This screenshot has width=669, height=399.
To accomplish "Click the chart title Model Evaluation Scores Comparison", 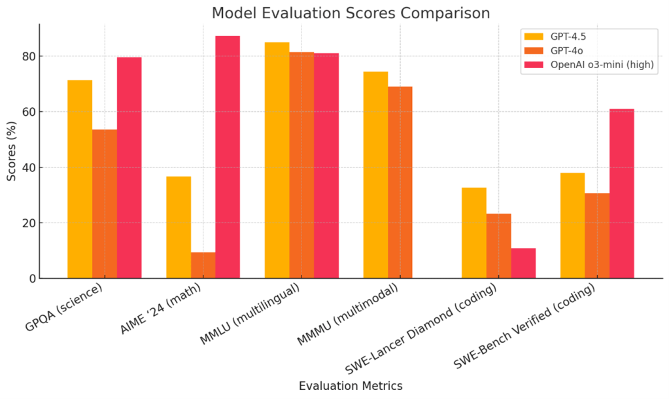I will click(x=351, y=13).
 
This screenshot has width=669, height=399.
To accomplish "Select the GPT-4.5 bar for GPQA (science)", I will click(x=80, y=179).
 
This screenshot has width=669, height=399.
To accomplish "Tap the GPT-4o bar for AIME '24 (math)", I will click(x=203, y=265).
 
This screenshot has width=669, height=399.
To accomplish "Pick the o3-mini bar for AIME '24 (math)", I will click(x=228, y=157).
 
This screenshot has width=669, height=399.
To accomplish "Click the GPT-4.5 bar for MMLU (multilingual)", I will click(x=277, y=160).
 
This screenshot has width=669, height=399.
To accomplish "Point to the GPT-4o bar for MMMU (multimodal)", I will click(x=400, y=182).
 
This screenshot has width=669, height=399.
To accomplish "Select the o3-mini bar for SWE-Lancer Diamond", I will click(x=523, y=263).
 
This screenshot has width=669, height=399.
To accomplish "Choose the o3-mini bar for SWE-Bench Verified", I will click(x=621, y=194).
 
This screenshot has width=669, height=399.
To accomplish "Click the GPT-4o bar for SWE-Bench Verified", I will click(x=596, y=235).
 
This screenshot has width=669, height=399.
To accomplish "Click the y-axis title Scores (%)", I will click(x=12, y=152).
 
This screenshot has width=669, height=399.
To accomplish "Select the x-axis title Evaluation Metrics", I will click(x=351, y=386).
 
